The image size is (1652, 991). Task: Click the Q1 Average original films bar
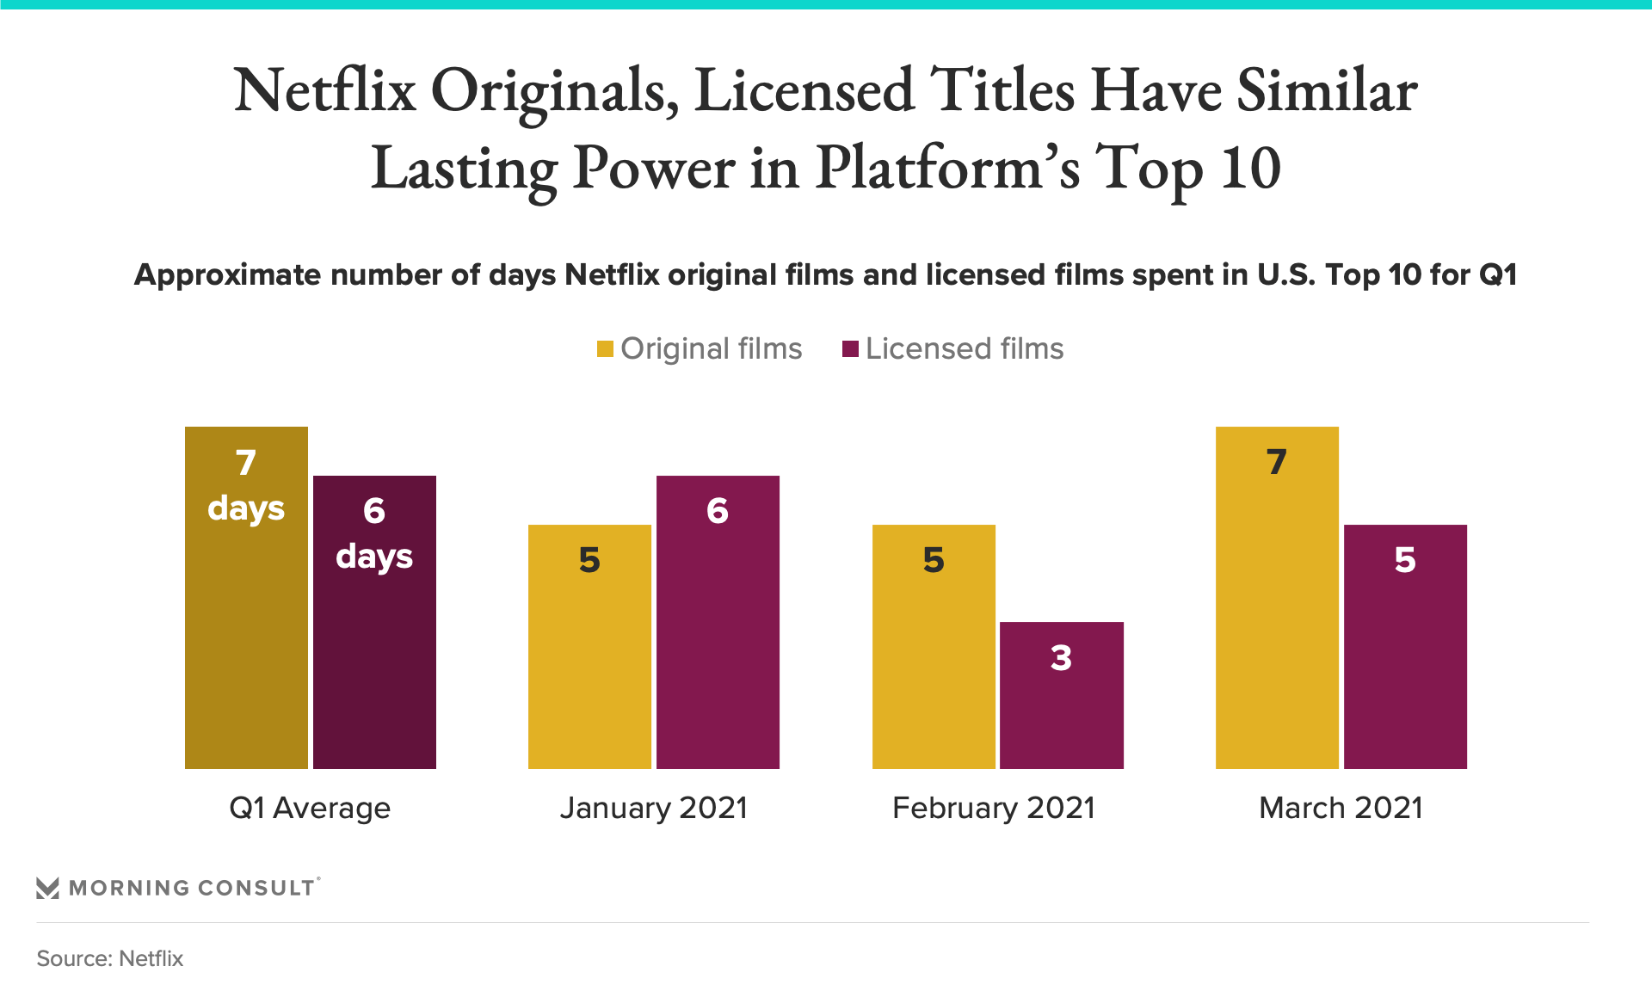(246, 619)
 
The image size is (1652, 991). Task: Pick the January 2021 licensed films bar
(718, 637)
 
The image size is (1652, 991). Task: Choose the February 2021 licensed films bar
(1061, 705)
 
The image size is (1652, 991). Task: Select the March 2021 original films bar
(1277, 619)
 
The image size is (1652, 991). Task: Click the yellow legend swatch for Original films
(605, 349)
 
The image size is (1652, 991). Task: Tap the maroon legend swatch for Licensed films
(850, 349)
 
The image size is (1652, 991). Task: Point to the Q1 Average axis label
(310, 809)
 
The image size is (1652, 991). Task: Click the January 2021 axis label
(654, 809)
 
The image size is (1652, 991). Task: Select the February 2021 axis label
(994, 809)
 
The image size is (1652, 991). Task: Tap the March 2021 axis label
(1341, 809)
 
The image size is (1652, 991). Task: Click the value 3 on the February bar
(1061, 658)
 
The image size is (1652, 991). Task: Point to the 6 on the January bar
(718, 511)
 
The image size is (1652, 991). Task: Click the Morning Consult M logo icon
(48, 888)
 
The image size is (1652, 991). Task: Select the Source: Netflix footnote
(110, 958)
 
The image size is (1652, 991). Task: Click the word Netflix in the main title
(325, 91)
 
